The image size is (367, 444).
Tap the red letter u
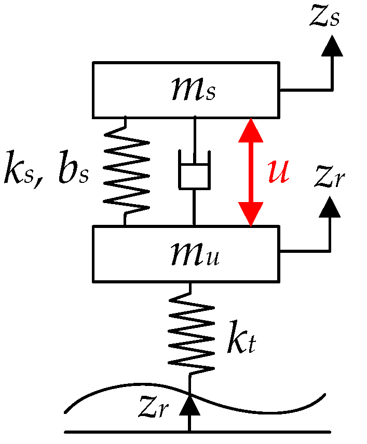278,172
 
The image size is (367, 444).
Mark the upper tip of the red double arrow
250,121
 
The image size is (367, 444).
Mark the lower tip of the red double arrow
250,224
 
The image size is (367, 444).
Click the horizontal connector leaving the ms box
304,90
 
